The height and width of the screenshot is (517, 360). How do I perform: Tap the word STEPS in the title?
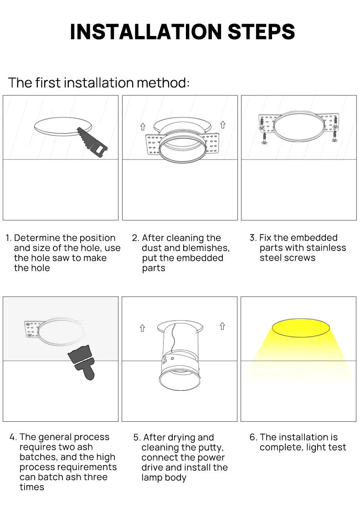click(261, 32)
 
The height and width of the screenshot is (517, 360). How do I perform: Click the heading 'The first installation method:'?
click(98, 83)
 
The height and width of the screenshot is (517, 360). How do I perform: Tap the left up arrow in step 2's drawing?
click(143, 126)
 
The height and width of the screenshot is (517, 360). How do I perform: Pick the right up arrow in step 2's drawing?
click(223, 124)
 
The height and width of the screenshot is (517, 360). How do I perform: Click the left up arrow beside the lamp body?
click(142, 328)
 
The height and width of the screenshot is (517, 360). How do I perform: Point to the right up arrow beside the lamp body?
click(222, 326)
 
